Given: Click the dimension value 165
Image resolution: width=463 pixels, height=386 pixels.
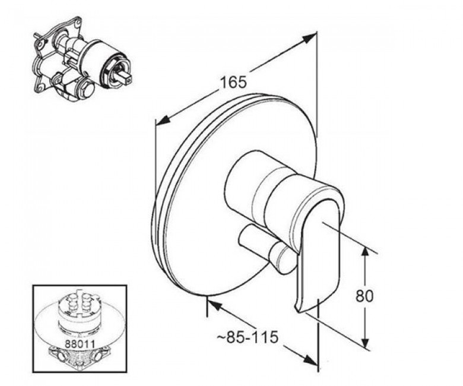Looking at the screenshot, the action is coord(233,83).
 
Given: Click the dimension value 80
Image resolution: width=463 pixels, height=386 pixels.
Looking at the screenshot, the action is coord(364,296).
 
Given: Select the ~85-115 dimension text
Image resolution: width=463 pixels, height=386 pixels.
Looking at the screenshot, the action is coord(248,337).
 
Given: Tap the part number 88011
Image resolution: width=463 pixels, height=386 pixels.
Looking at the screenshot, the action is coord(80,344).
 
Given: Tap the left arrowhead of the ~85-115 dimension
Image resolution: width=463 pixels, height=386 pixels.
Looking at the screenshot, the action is coord(216,304).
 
